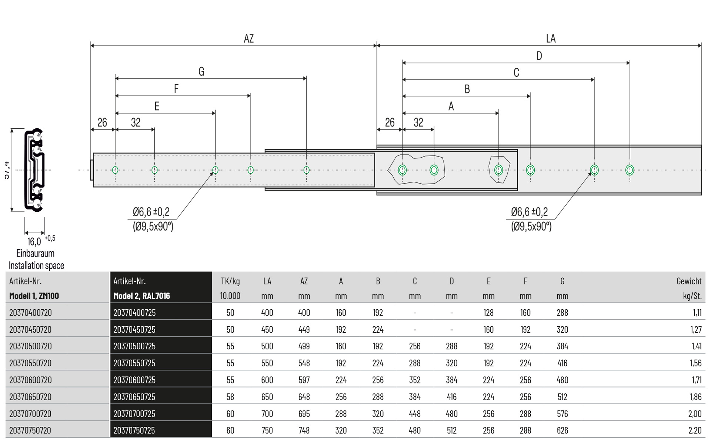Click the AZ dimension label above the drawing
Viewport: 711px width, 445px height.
tap(248, 39)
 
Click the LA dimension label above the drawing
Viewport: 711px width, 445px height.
tap(551, 39)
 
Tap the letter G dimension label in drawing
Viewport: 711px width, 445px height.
tap(201, 72)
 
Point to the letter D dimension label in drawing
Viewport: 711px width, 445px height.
tap(539, 56)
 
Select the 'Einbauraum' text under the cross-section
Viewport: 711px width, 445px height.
tap(36, 253)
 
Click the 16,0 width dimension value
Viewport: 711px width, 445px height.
tap(34, 242)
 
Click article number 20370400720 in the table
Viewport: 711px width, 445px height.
tap(31, 313)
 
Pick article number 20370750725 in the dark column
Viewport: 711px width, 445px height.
tap(134, 431)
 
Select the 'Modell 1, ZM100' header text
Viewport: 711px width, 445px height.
tap(34, 296)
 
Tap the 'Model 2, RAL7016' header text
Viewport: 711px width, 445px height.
tap(142, 296)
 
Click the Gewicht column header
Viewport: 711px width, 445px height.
tap(689, 281)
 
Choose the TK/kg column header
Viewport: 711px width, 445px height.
tap(230, 281)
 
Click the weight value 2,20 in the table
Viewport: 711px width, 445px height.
tap(695, 431)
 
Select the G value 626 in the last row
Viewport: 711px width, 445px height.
tap(562, 431)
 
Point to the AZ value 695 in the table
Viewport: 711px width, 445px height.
tap(304, 414)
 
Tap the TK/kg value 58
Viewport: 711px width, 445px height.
tap(230, 397)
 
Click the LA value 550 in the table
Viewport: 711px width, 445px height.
tap(267, 363)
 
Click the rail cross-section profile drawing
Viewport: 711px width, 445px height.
tap(34, 170)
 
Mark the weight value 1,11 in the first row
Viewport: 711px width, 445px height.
tap(697, 313)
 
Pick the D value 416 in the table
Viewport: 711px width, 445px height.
tap(451, 397)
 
